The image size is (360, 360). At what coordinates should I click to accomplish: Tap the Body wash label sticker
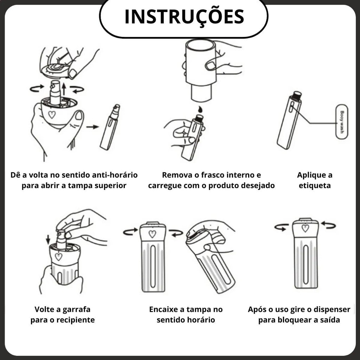pos(342,122)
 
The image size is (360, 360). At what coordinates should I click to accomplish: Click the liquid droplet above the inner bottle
pos(200,109)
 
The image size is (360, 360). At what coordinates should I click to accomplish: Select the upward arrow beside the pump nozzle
pos(64,89)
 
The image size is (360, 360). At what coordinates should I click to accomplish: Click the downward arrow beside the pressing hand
pos(48,239)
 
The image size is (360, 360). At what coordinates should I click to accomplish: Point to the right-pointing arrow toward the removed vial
pos(92,127)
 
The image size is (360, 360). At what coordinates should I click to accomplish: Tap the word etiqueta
pos(315,186)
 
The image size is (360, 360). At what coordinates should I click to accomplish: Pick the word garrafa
pos(76,310)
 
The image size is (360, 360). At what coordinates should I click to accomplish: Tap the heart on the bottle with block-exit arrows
pos(305,228)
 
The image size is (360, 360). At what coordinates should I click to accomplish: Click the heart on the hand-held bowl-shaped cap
pos(52,114)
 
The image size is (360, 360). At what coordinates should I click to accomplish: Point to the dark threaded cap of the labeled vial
pos(297,96)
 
